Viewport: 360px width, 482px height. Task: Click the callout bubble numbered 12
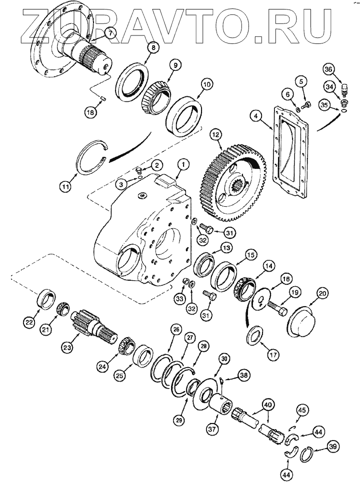[x=215, y=134]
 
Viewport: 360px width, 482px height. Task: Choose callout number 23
[x=66, y=345]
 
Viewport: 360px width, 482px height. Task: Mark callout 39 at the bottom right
[x=332, y=446]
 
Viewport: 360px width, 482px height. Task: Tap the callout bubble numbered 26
[x=174, y=330]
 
